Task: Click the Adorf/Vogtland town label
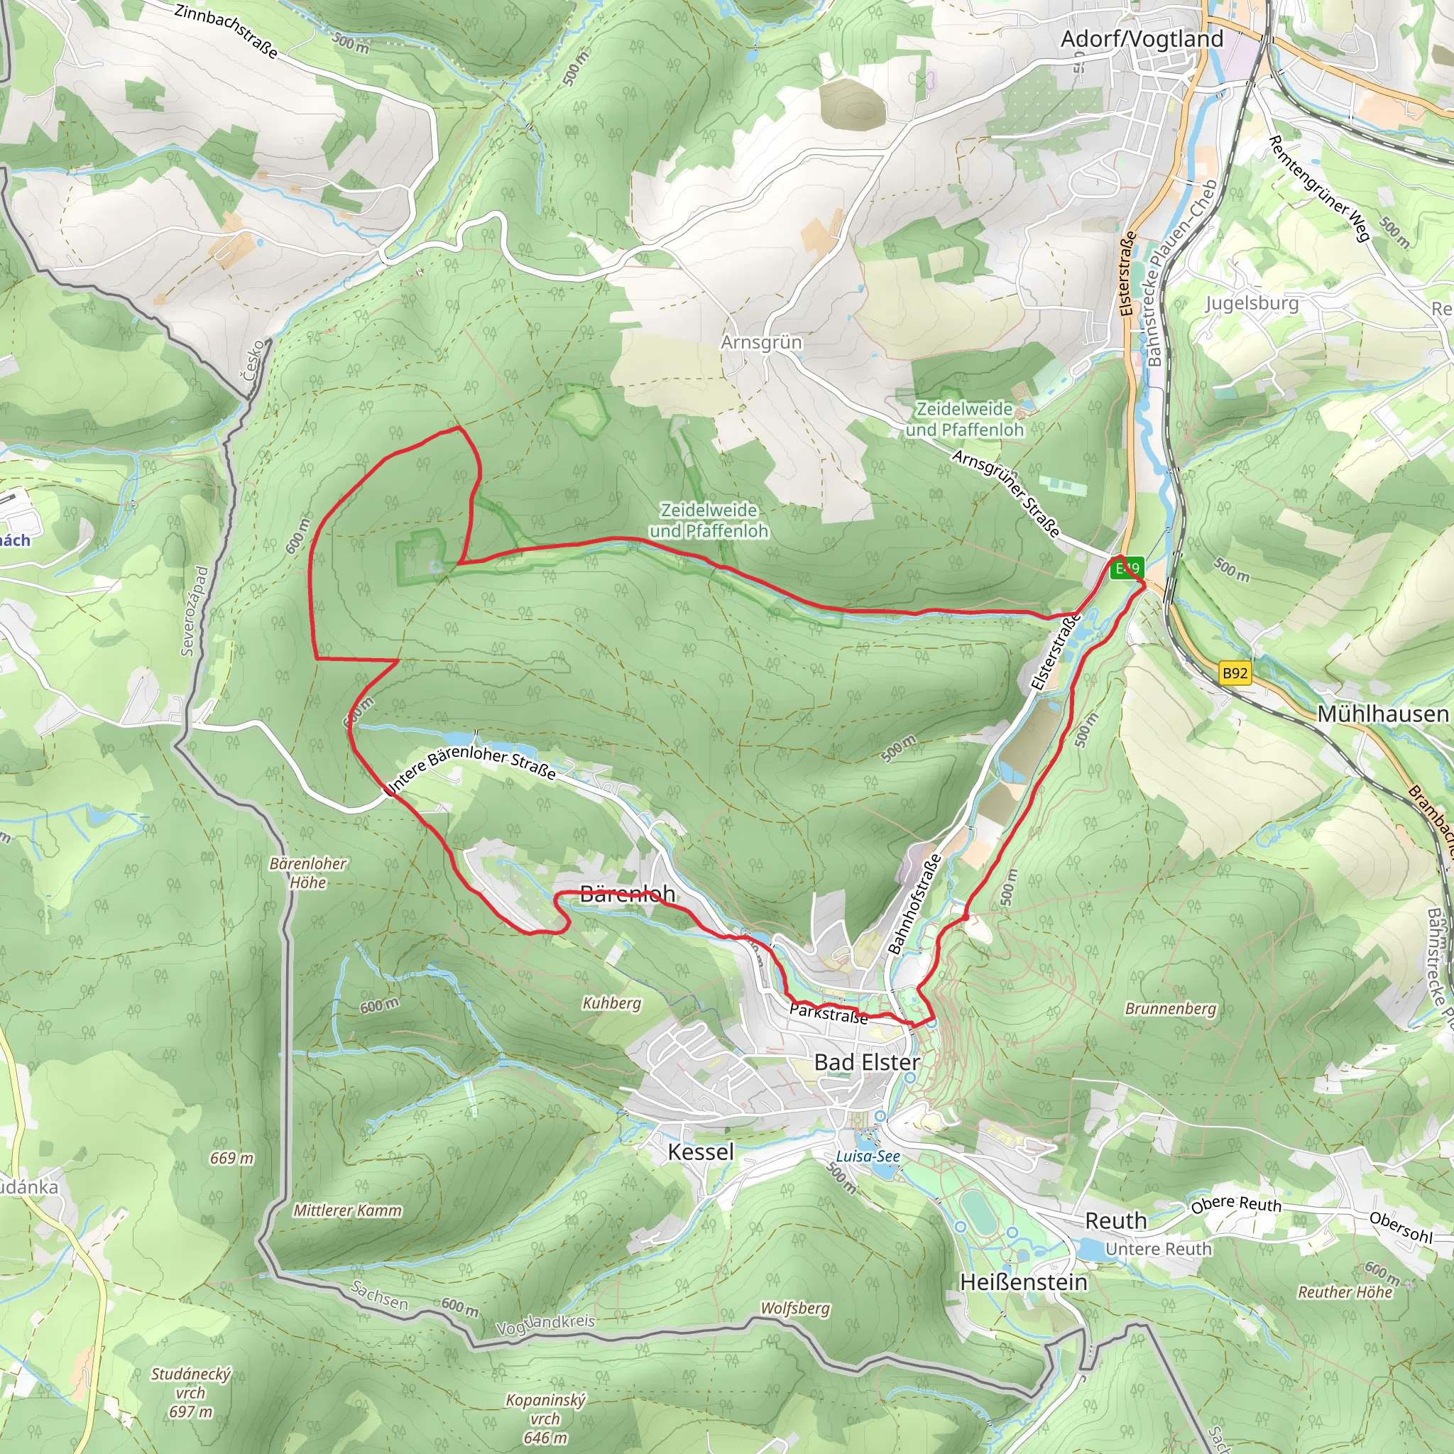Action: pyautogui.click(x=1141, y=39)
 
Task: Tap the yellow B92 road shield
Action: pyautogui.click(x=1234, y=673)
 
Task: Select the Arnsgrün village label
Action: pyautogui.click(x=761, y=342)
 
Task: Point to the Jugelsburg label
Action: pyautogui.click(x=1252, y=303)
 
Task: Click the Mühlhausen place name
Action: pyautogui.click(x=1382, y=714)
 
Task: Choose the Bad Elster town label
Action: pyautogui.click(x=866, y=1063)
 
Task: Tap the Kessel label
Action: pyautogui.click(x=700, y=1152)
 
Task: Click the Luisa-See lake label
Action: pyautogui.click(x=868, y=1156)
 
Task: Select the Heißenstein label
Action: pyautogui.click(x=1024, y=1281)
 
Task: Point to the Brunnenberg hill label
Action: pyautogui.click(x=1170, y=1008)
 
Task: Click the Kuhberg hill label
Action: pyautogui.click(x=611, y=1003)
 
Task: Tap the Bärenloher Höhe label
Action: pyautogui.click(x=308, y=873)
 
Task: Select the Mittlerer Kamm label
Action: pyautogui.click(x=347, y=1211)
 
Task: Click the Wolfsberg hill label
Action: pyautogui.click(x=794, y=1308)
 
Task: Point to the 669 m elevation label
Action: pyautogui.click(x=231, y=1158)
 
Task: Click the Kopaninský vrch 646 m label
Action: pyautogui.click(x=545, y=1419)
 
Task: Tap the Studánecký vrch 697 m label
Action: pyautogui.click(x=190, y=1393)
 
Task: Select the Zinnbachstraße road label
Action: pyautogui.click(x=226, y=31)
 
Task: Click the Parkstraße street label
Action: pyautogui.click(x=828, y=1014)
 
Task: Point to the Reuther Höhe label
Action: pyautogui.click(x=1344, y=1292)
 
